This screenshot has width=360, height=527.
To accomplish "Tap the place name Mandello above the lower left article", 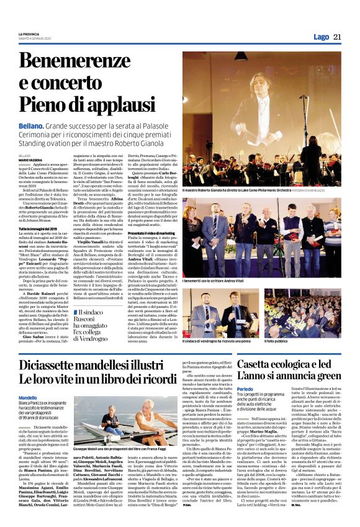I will tap(28, 397).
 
